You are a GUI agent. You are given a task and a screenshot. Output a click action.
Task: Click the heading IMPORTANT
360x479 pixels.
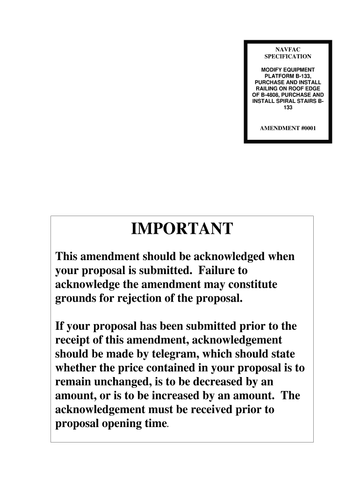click(181, 229)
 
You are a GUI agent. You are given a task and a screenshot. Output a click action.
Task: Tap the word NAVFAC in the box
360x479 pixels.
click(287, 49)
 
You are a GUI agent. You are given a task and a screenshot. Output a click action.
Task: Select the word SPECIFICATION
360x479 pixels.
click(288, 57)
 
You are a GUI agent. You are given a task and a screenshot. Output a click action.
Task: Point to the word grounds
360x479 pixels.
click(76, 298)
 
